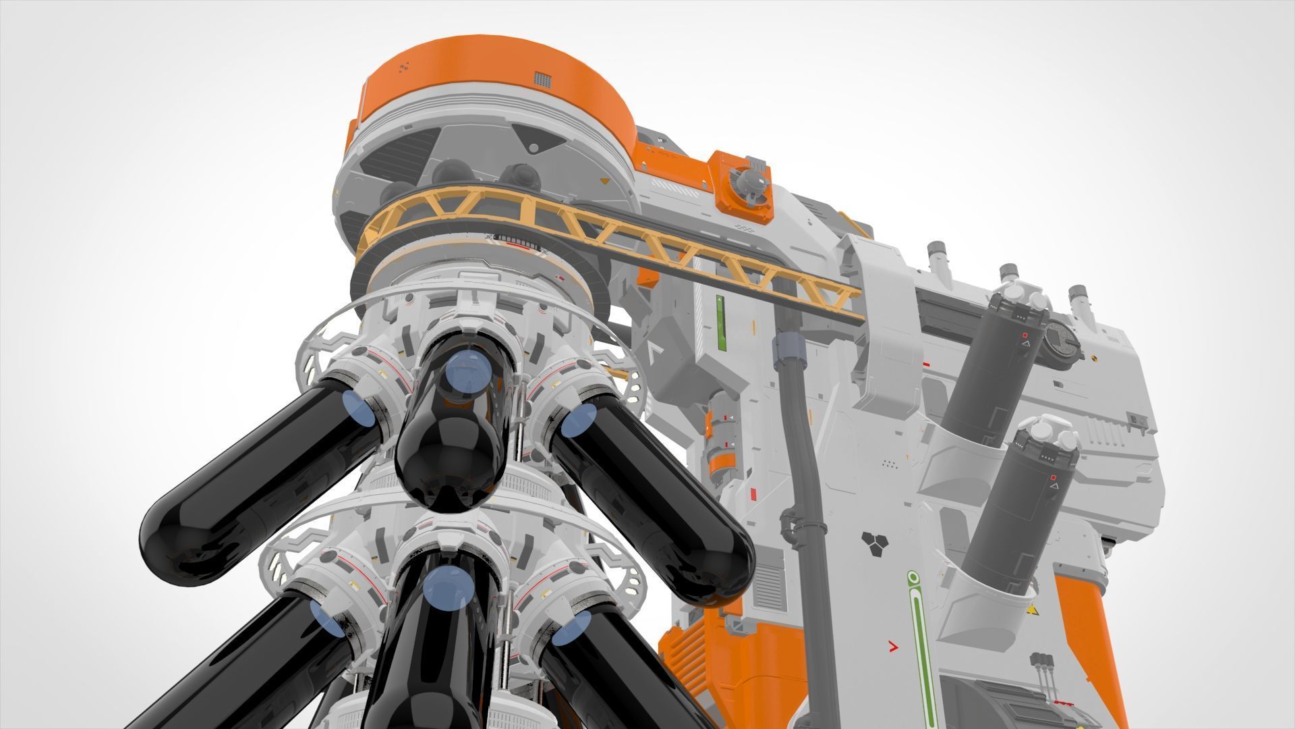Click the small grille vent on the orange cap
542,80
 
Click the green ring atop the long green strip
913,577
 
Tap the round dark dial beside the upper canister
1061,343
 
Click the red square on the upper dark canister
1025,335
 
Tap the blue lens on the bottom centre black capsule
448,585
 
